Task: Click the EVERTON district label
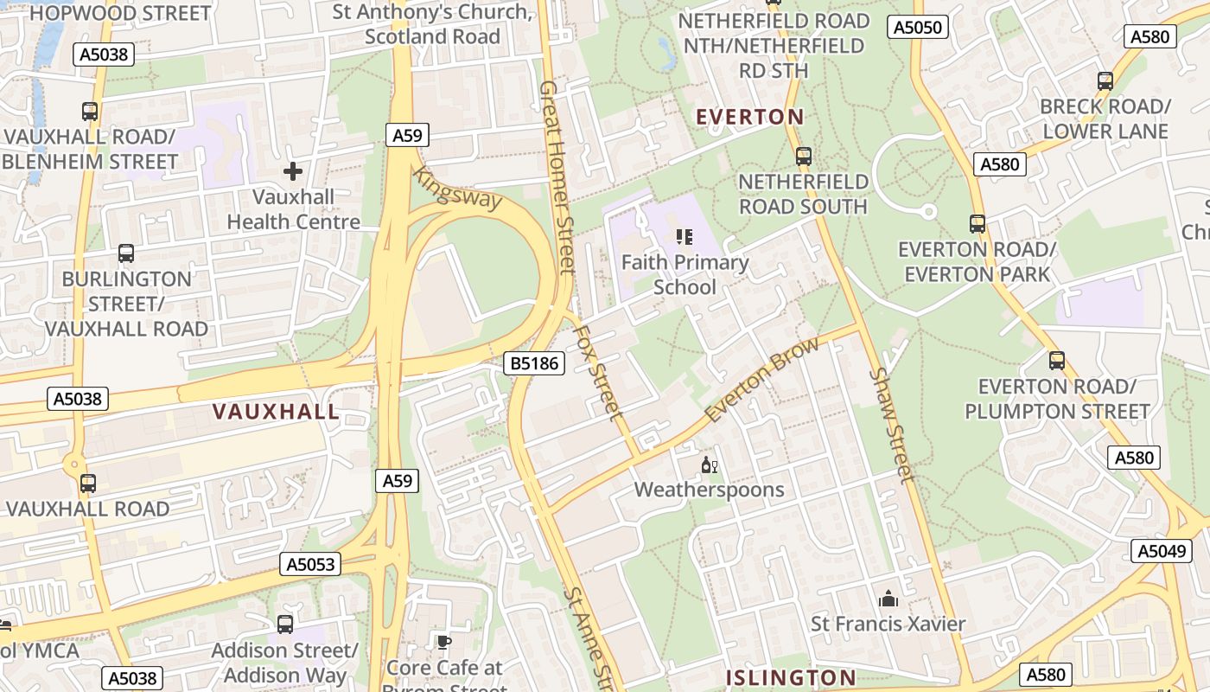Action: pos(749,117)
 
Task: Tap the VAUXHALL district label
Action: pos(276,412)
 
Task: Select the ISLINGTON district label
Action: pos(790,677)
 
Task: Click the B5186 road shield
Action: pos(534,363)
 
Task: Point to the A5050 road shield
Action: pos(917,28)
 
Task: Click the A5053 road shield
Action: pos(310,565)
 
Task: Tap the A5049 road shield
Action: pos(1161,551)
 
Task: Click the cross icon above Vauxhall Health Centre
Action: pos(293,171)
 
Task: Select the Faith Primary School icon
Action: pos(685,236)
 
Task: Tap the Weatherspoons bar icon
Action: pos(710,465)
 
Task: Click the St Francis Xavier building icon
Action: pos(888,599)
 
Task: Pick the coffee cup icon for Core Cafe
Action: pos(443,642)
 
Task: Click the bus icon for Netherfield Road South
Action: pos(804,157)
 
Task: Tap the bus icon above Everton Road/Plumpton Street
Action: pos(1056,361)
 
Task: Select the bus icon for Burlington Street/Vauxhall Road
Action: pos(126,253)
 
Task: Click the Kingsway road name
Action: pos(457,189)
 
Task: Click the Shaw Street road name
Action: pos(893,424)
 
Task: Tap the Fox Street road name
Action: pos(597,372)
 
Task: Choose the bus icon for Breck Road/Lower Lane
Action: pos(1105,81)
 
